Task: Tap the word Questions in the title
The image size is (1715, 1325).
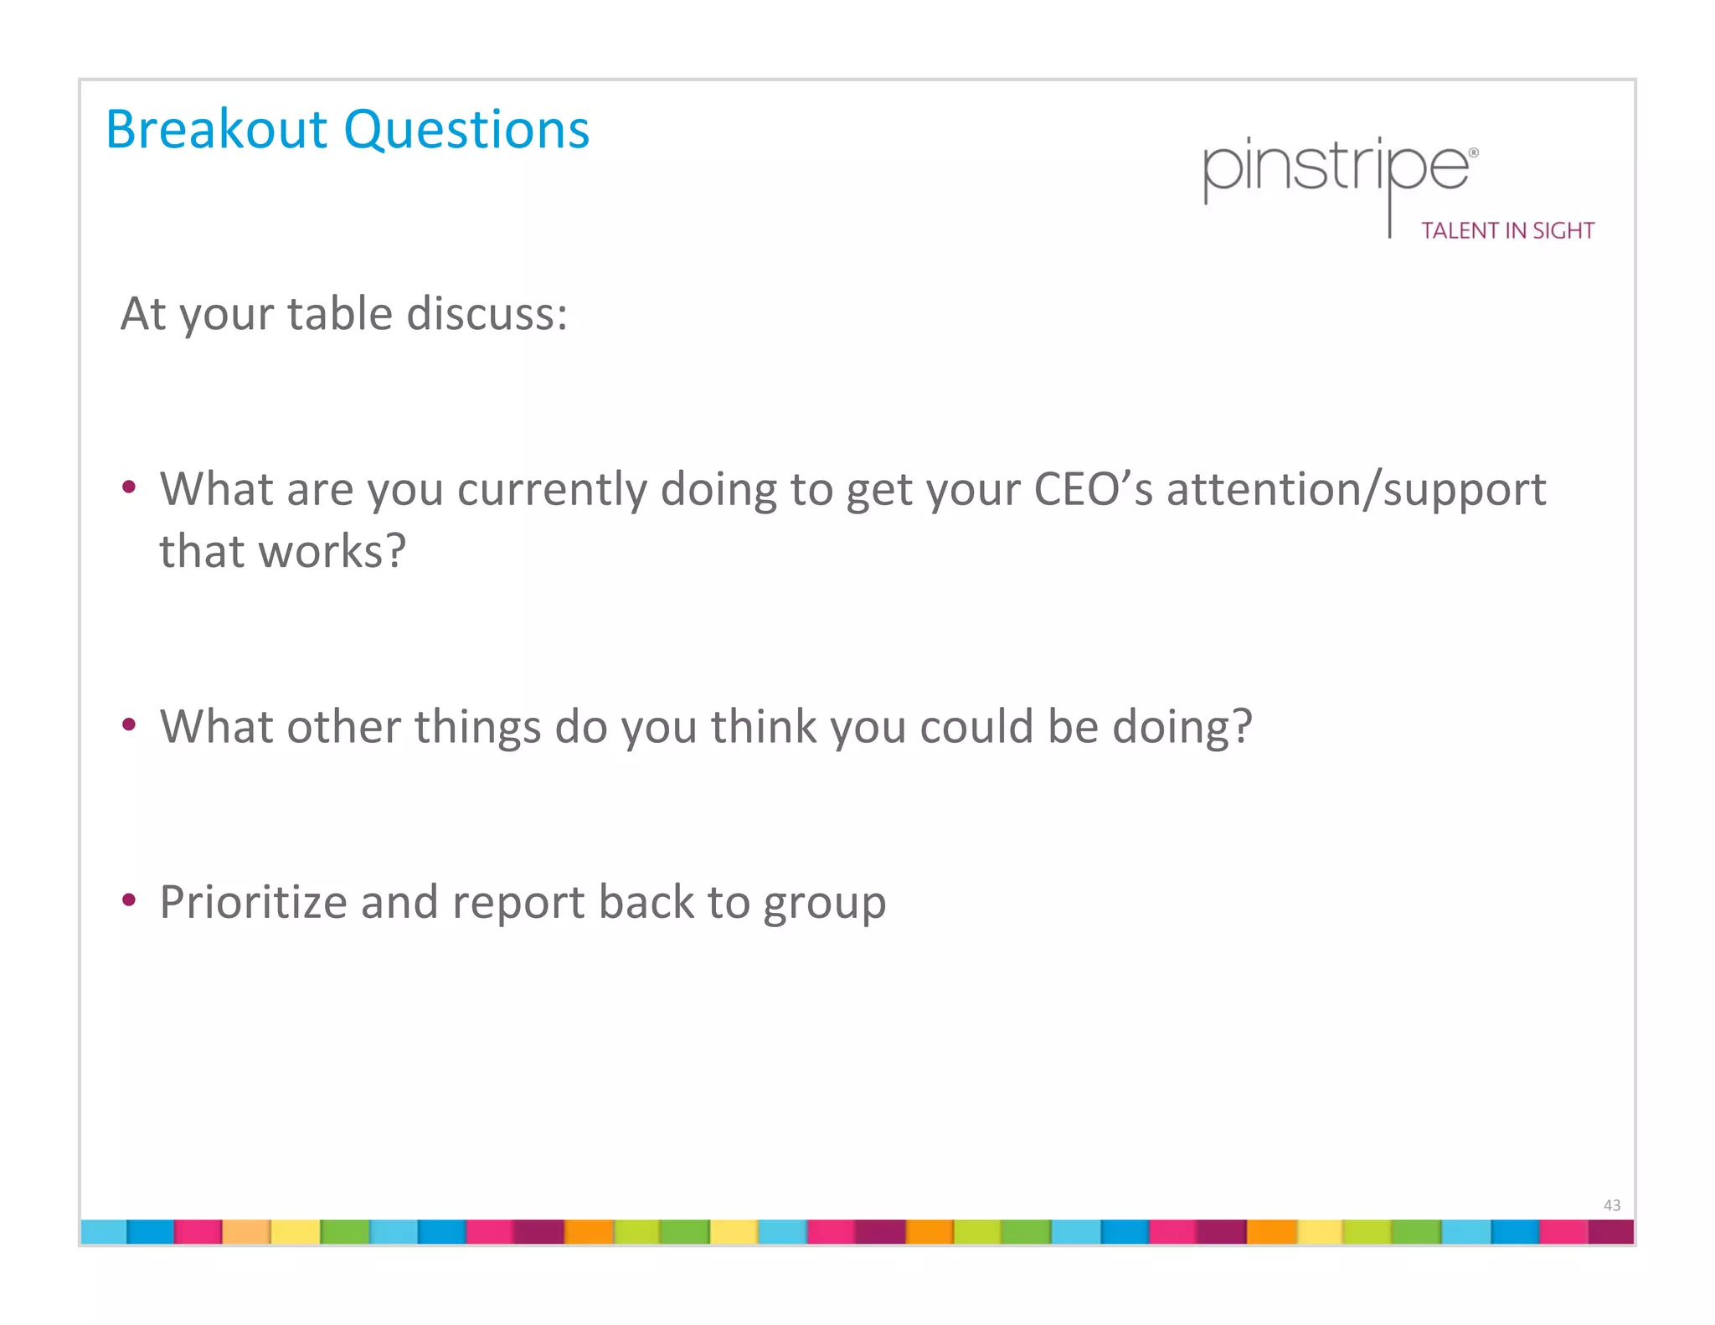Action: coord(466,131)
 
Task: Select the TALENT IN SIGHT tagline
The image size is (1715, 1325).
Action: coord(1507,231)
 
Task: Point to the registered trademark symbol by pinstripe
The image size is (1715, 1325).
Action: coord(1474,153)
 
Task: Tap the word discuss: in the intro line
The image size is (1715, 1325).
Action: coord(487,314)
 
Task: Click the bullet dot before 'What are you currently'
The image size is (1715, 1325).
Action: coord(128,487)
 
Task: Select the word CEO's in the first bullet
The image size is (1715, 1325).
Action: coord(1093,489)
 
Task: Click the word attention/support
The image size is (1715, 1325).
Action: coord(1356,491)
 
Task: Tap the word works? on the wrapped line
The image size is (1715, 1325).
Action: coord(332,552)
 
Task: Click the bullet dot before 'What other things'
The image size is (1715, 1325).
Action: coord(128,724)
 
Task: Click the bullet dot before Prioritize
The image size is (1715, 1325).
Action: coord(128,900)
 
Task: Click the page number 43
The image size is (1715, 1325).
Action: coord(1611,1205)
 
